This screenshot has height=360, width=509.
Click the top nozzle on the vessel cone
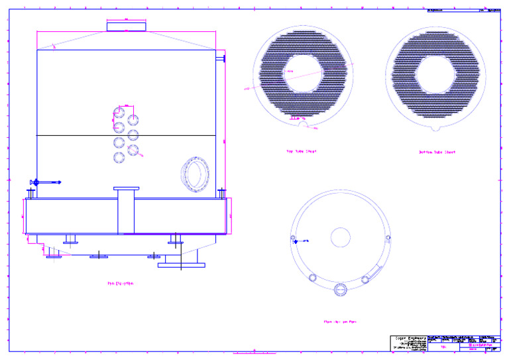point(126,25)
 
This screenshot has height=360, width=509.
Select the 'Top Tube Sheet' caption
point(301,151)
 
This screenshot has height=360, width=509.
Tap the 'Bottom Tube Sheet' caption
point(437,152)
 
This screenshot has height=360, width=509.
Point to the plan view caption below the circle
point(340,322)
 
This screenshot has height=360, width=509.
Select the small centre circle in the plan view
point(340,236)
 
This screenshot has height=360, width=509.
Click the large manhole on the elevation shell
point(196,174)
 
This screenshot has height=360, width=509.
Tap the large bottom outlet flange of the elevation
point(181,265)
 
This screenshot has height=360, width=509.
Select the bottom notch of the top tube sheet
point(302,122)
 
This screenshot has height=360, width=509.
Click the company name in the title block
point(408,338)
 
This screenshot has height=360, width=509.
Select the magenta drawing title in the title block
point(476,345)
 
